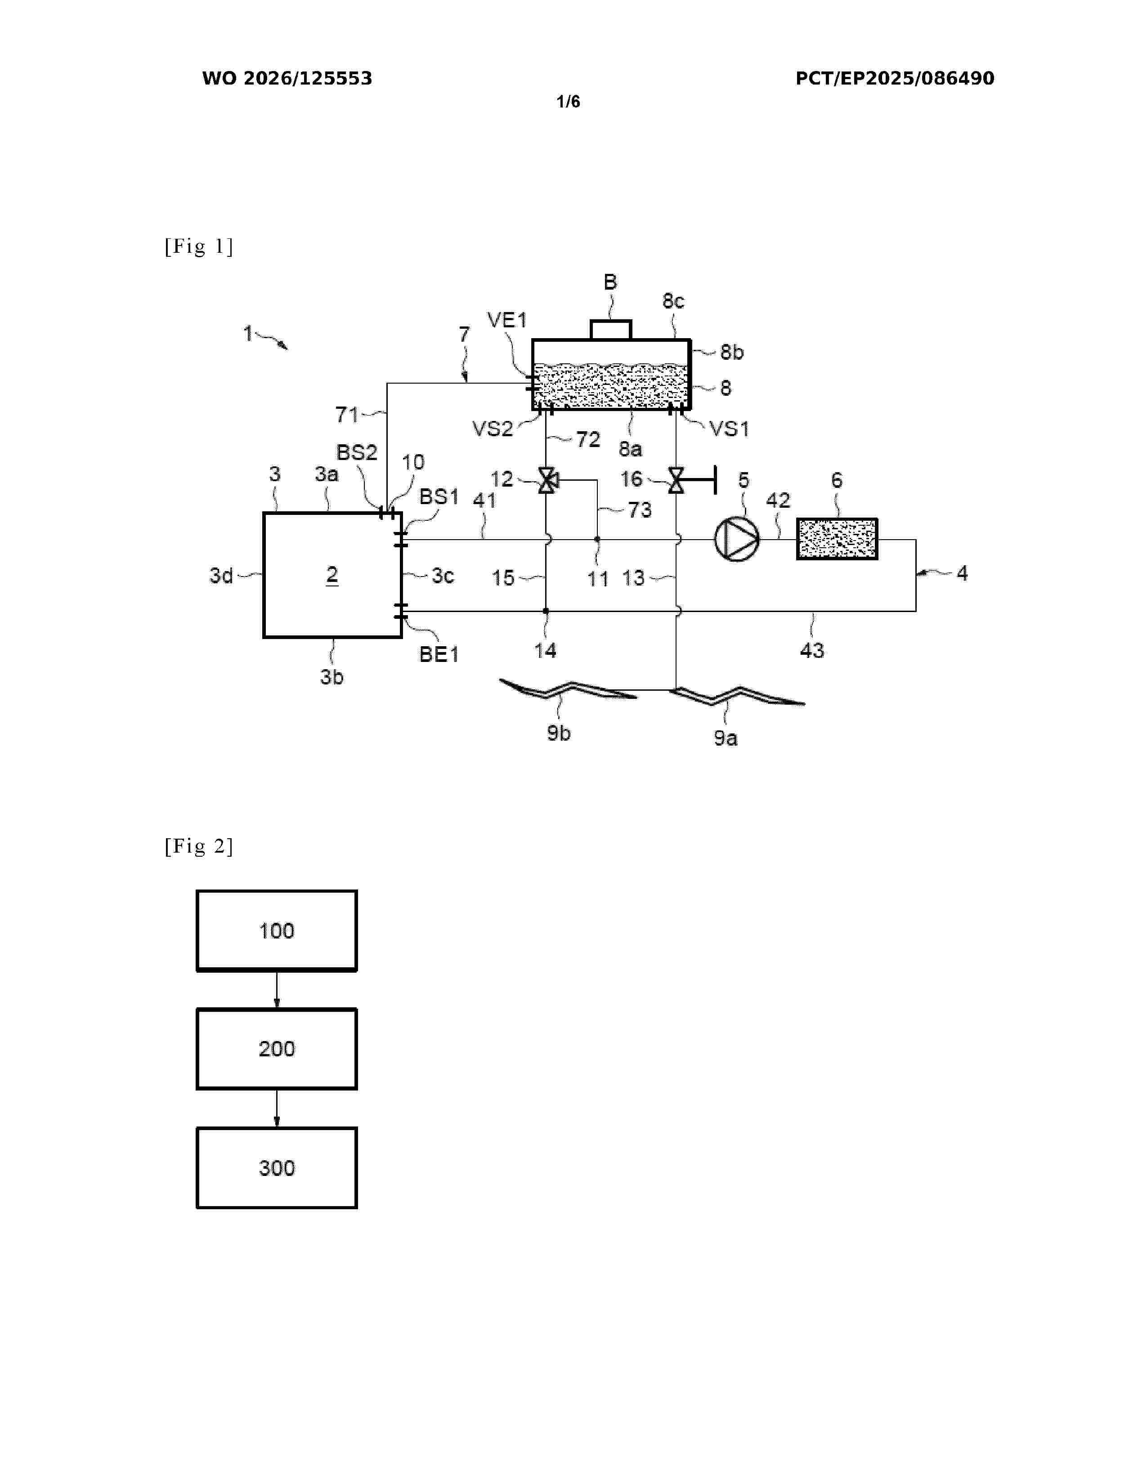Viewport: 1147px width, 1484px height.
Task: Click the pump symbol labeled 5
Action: pos(737,540)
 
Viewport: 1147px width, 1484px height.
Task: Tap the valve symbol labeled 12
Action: pos(547,480)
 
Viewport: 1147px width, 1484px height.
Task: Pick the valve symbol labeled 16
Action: pos(676,480)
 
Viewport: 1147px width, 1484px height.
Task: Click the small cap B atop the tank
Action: pos(611,330)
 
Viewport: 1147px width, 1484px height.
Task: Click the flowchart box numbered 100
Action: pos(277,930)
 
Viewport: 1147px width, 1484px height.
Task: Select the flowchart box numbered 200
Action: pos(277,1049)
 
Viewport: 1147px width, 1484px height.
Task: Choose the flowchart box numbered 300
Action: pos(277,1168)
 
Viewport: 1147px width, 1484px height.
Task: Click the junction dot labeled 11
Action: pos(597,540)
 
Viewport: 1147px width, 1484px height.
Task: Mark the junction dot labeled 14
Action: pos(546,611)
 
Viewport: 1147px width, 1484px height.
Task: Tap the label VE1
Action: pos(507,320)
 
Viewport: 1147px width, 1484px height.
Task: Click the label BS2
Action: pos(357,452)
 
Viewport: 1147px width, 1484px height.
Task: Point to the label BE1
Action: pos(439,654)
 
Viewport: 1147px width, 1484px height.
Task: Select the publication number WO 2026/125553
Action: pos(287,78)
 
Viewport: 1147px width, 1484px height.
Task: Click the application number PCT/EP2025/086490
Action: pos(895,78)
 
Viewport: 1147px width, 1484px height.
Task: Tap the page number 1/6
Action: pos(568,102)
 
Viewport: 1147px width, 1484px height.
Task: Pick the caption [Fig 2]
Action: pos(198,846)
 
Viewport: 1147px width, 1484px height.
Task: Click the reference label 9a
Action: pos(725,738)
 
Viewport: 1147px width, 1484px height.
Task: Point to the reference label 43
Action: pos(812,650)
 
